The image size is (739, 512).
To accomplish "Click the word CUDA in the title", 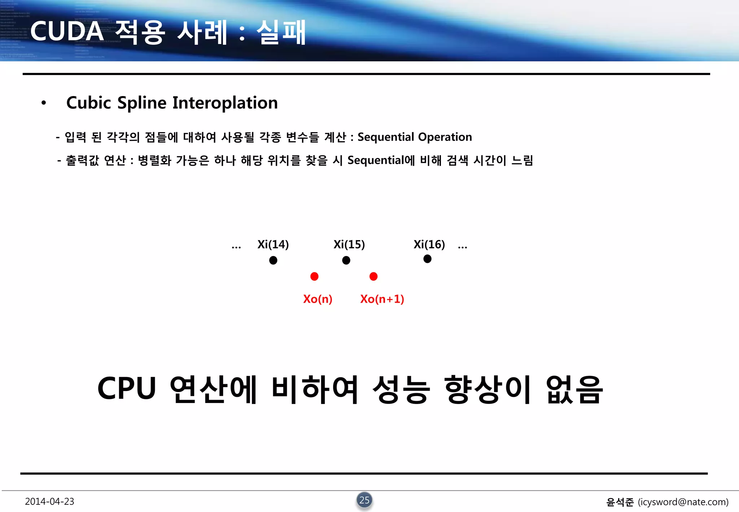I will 67,31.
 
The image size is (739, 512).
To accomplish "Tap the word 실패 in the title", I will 281,32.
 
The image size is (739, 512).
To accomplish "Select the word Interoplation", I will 225,103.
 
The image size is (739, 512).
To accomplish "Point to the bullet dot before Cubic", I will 44,103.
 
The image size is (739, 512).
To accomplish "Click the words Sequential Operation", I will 415,137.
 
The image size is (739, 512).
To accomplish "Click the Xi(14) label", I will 273,244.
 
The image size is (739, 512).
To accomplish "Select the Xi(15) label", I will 349,244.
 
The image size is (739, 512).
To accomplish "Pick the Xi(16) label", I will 429,244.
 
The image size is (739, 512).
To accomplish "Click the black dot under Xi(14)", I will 273,260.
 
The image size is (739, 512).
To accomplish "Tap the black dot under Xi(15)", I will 346,260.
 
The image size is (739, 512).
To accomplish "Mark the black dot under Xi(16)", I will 427,259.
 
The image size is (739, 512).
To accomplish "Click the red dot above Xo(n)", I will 314,277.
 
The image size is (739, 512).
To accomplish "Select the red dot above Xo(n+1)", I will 373,277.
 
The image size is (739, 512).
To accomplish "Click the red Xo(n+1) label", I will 382,299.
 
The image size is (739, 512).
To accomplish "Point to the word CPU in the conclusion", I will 127,389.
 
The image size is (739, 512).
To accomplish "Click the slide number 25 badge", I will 364,500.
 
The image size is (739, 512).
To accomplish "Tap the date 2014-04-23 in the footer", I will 49,502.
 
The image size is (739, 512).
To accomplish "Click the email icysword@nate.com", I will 683,502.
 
